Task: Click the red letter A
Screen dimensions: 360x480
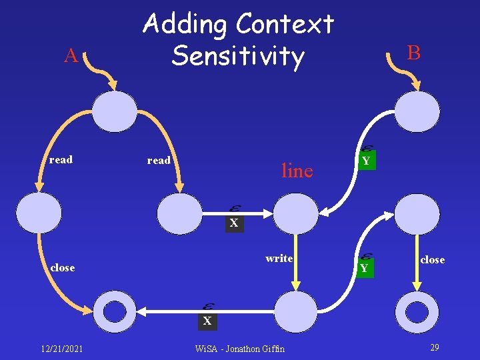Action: [x=71, y=56]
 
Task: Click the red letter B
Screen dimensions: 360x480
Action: [x=413, y=53]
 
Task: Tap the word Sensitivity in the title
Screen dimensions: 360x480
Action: [x=237, y=57]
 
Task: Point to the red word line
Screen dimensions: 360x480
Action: [x=297, y=171]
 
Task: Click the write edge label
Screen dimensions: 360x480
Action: [x=279, y=259]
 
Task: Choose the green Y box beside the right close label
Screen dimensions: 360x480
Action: [x=364, y=268]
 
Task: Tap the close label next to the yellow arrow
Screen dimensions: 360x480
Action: [x=432, y=260]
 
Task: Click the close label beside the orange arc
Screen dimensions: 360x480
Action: [x=63, y=268]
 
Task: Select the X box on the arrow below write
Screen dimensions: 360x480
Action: [x=207, y=321]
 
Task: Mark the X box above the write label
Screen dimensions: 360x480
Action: [x=233, y=224]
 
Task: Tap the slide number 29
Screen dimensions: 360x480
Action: [x=434, y=347]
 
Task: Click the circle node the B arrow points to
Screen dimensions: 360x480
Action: [x=417, y=111]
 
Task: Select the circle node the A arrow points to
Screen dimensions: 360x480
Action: [x=115, y=111]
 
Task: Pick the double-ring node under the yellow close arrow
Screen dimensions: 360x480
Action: [x=417, y=312]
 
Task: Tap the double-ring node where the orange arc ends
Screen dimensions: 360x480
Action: [x=115, y=312]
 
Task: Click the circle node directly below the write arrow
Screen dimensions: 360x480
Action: [x=297, y=312]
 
